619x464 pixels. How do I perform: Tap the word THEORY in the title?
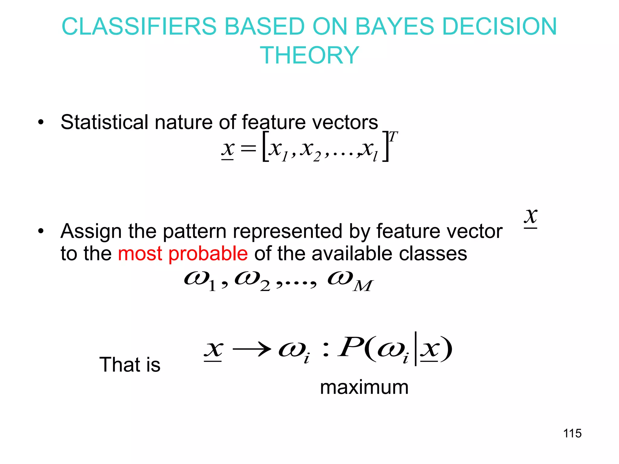click(309, 55)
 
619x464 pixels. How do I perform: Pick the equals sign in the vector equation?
click(248, 148)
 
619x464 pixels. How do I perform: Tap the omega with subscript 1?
click(199, 281)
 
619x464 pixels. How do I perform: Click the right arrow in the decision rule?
click(251, 350)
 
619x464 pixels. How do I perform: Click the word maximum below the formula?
click(364, 387)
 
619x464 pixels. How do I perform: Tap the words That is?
click(130, 365)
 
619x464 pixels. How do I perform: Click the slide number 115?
click(572, 433)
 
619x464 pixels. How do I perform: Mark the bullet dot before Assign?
click(41, 232)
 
